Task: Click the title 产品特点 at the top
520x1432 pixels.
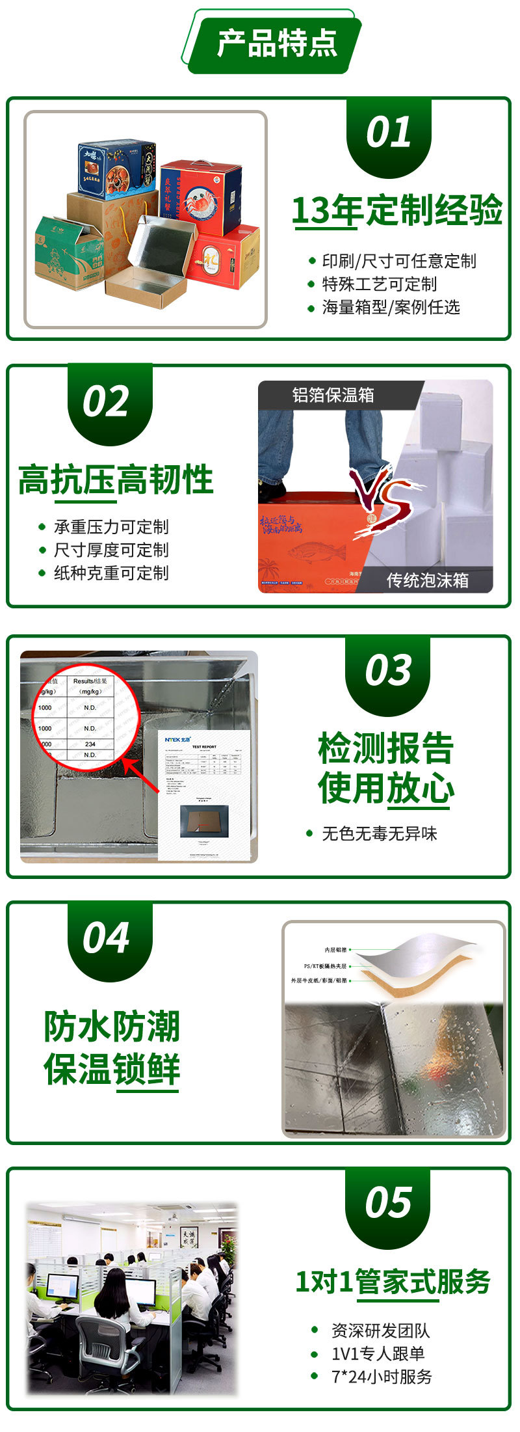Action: (x=277, y=44)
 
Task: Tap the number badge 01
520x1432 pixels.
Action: (x=388, y=133)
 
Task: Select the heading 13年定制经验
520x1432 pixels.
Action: (x=396, y=210)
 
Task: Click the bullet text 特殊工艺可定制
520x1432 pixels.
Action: (x=379, y=284)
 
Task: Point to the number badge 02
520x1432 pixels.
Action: (x=106, y=401)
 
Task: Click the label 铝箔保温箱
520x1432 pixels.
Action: (x=333, y=395)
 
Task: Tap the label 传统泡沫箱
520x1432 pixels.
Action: (x=427, y=580)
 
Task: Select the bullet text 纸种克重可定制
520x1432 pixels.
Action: (x=111, y=573)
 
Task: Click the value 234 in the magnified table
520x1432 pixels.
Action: (x=90, y=744)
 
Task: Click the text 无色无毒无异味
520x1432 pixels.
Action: (x=380, y=833)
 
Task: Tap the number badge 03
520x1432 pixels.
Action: (x=388, y=670)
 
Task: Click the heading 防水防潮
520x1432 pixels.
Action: (x=111, y=1026)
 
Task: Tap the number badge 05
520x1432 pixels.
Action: (x=388, y=1202)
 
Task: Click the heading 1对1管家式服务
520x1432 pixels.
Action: (x=393, y=1282)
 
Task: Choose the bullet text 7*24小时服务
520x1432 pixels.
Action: (x=382, y=1376)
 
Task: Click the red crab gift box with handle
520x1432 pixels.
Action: (x=201, y=195)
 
